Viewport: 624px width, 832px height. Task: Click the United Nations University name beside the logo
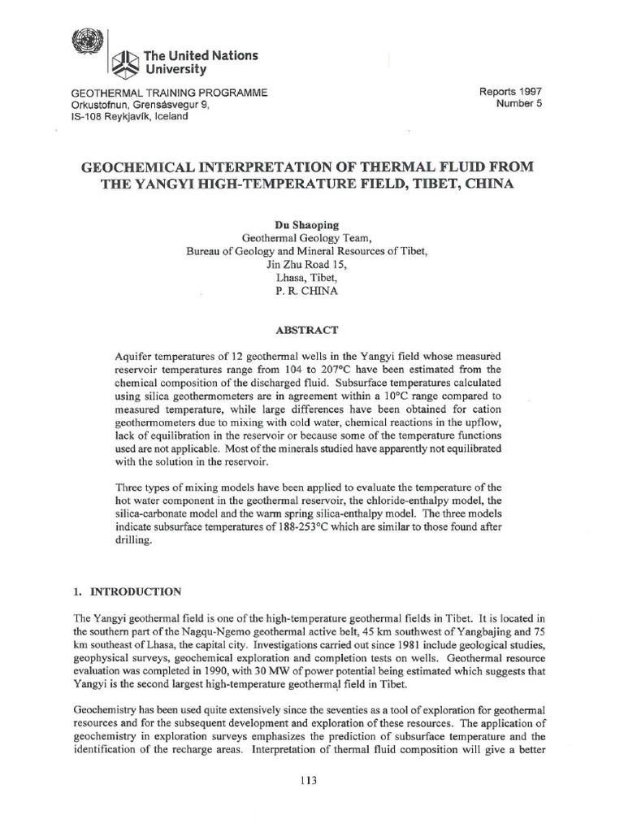point(200,63)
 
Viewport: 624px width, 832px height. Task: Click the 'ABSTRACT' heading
point(311,331)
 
